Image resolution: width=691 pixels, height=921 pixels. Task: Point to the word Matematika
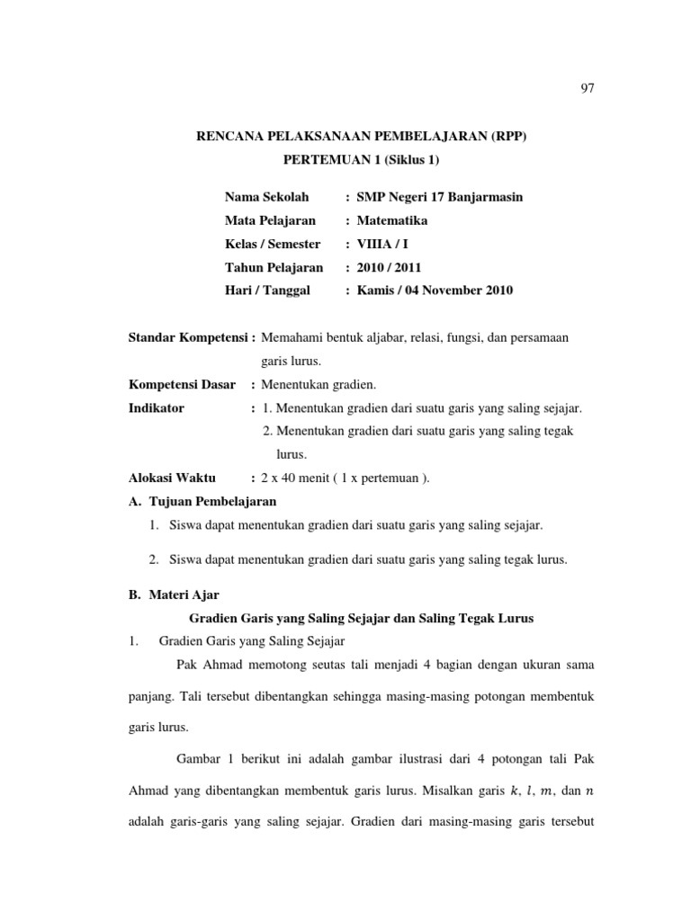point(392,220)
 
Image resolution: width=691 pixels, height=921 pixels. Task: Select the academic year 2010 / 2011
point(389,267)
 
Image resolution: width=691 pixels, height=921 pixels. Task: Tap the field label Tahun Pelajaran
point(274,267)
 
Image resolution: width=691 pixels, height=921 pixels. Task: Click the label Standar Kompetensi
point(190,337)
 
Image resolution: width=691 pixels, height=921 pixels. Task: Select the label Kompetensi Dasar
point(183,384)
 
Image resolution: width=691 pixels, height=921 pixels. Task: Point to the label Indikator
point(157,407)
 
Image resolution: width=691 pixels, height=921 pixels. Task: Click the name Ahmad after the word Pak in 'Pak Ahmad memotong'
point(216,665)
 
